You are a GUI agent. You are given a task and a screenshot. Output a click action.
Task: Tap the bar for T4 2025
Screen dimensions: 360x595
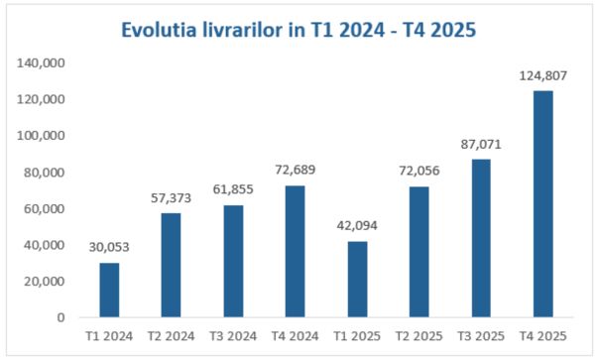point(543,204)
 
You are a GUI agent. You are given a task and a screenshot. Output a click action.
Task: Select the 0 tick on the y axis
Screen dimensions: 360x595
point(61,317)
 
